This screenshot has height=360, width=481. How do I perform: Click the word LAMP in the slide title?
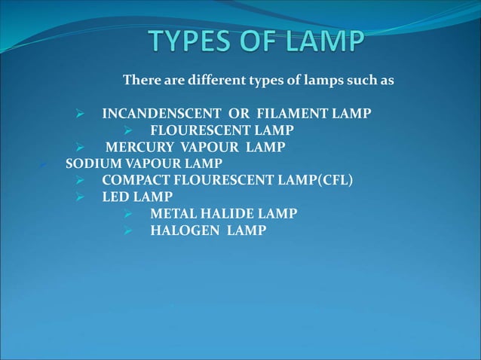pos(326,42)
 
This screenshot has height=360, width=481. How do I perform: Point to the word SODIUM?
pos(89,163)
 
